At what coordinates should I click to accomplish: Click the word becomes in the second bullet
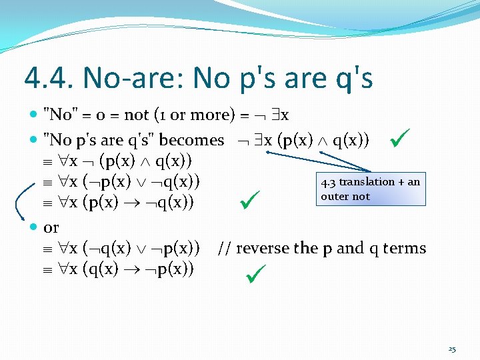point(191,140)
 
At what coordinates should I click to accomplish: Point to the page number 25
point(452,349)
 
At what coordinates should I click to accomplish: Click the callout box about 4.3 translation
point(371,189)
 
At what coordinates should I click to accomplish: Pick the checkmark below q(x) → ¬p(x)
point(255,273)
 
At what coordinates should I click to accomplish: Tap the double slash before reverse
point(225,248)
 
